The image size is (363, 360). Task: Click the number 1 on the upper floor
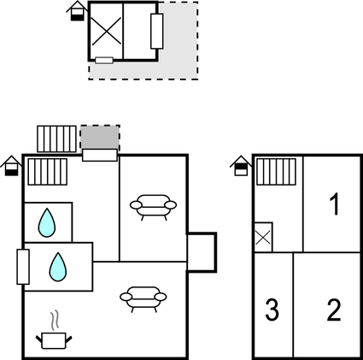coord(335,204)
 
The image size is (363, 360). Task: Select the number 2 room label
coord(334,310)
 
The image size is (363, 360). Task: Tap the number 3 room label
coord(272,310)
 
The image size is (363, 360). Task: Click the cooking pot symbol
coord(54,340)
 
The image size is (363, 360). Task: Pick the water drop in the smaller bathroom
coord(47,223)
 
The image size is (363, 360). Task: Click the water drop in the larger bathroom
coord(58,267)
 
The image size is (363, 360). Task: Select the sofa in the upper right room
coord(153,207)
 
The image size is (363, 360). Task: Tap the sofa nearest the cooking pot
coord(143,299)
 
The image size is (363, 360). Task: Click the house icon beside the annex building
coord(78,11)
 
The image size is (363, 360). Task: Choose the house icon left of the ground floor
coord(11,166)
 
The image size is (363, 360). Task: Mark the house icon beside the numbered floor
coord(241,166)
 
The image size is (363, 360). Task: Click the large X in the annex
coord(106,31)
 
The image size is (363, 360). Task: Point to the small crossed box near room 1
coord(263,237)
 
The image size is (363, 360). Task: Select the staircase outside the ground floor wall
coord(56,139)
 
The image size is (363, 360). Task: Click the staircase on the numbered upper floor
coord(276,172)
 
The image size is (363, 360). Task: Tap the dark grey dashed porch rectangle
coord(100,138)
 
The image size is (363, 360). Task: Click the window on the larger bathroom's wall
coord(23,267)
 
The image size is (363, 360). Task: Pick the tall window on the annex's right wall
coord(157,31)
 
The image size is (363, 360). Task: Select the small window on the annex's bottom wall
coord(104,60)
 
